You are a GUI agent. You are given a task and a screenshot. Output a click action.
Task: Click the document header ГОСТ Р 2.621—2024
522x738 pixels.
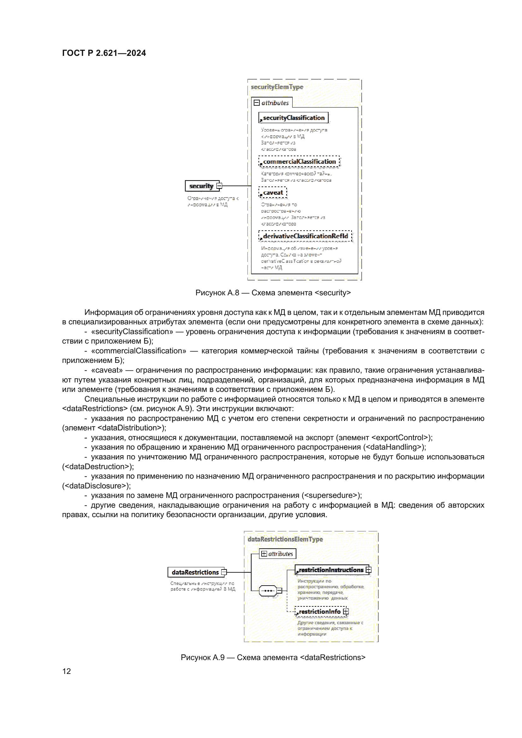[x=104, y=53]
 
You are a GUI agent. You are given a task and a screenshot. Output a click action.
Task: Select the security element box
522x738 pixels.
[x=202, y=186]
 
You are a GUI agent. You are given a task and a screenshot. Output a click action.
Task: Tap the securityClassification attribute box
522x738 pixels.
[x=293, y=118]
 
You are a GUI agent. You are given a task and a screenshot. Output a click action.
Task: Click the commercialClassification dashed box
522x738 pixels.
[x=299, y=161]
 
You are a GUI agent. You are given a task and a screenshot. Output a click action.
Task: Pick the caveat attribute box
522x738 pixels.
[x=273, y=192]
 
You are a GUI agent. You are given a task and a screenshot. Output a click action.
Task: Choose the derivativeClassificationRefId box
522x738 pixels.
[x=305, y=236]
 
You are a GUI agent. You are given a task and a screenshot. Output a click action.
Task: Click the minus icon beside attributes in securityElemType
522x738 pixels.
[x=257, y=103]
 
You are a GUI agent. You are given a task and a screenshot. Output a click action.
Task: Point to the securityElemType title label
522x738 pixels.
[x=277, y=87]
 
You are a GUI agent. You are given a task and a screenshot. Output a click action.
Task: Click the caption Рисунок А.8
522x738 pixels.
[x=273, y=293]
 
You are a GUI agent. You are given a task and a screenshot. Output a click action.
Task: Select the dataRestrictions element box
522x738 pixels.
[x=195, y=572]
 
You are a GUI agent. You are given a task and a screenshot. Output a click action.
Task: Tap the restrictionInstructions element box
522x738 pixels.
[x=331, y=570]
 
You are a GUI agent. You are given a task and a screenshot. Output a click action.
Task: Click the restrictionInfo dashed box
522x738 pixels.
[x=319, y=611]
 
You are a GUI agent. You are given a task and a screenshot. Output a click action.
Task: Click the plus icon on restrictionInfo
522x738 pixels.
[x=346, y=611]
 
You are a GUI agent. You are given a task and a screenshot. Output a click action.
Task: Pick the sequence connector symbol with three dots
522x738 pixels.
[x=268, y=590]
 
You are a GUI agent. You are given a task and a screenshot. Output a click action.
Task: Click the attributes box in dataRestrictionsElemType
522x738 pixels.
[x=277, y=554]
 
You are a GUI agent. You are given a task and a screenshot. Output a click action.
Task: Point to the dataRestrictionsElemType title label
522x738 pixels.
[x=285, y=539]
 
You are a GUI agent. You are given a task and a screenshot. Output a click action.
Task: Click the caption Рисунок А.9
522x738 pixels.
[x=273, y=657]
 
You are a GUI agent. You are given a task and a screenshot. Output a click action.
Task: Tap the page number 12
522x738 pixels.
[x=67, y=671]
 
